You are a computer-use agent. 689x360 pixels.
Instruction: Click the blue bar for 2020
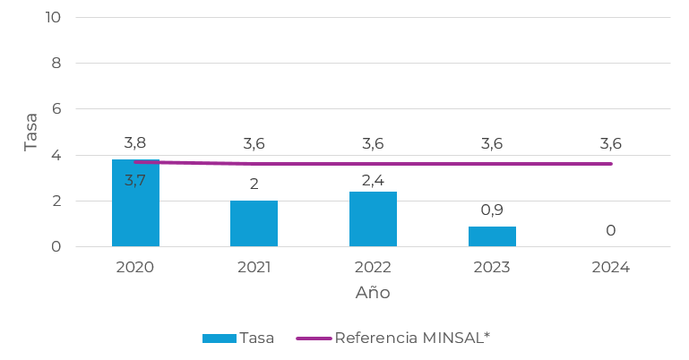(x=135, y=215)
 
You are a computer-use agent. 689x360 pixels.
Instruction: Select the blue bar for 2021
(x=254, y=224)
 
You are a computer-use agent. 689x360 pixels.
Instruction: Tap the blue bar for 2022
(x=373, y=219)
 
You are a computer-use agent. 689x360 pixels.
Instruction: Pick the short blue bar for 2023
(x=492, y=236)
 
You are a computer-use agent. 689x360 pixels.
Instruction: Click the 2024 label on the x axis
(x=610, y=268)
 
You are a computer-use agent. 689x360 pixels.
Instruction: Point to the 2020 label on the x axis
(x=135, y=268)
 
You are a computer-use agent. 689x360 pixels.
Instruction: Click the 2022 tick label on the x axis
(x=373, y=268)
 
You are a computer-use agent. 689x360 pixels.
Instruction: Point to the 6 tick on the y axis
(x=56, y=109)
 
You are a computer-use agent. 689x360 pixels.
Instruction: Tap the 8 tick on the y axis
(x=56, y=64)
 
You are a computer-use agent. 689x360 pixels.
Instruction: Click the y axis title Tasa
(x=31, y=132)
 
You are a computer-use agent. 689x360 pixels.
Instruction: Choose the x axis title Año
(x=373, y=293)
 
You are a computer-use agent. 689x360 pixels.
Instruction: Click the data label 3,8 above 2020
(x=135, y=143)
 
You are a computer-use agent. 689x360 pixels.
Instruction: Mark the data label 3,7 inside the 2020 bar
(x=135, y=181)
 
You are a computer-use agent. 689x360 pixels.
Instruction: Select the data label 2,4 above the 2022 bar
(x=373, y=181)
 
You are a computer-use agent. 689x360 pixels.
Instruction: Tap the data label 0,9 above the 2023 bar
(x=492, y=210)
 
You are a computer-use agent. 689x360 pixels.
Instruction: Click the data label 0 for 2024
(x=610, y=231)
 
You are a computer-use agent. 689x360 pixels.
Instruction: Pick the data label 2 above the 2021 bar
(x=254, y=184)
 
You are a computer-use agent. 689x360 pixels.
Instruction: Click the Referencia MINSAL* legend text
(x=412, y=338)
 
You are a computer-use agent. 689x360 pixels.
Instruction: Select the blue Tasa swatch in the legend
(x=219, y=339)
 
